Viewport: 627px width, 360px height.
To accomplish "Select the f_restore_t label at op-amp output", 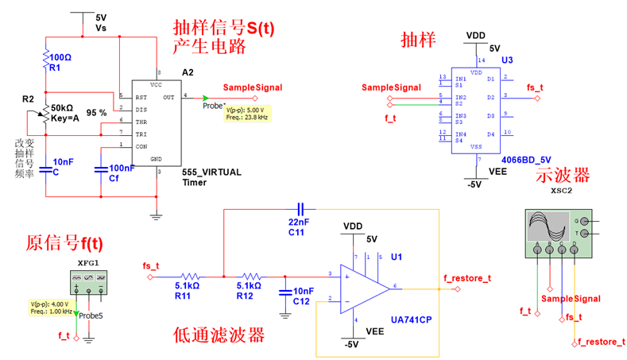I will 466,278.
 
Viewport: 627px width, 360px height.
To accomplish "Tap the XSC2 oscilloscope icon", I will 557,230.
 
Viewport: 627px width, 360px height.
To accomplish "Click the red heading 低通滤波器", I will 219,335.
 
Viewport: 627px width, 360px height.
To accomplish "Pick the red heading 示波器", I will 563,174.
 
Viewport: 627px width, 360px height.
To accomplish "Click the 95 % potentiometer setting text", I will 96,113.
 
